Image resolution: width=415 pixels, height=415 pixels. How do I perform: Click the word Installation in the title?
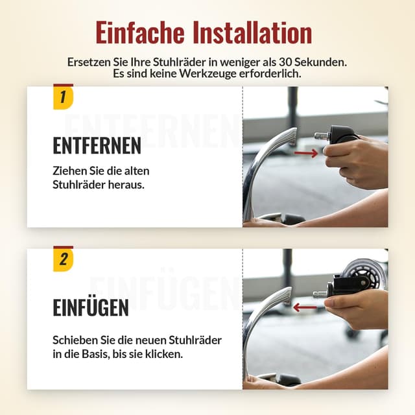[252, 32]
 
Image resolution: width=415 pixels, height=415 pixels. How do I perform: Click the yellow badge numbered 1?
[63, 98]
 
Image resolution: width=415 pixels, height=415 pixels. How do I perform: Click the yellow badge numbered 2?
[63, 260]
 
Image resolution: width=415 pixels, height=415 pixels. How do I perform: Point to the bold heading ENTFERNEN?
[97, 146]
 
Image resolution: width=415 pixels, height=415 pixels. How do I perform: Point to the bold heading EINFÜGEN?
[91, 308]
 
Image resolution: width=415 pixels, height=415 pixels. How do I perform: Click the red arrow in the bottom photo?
[305, 307]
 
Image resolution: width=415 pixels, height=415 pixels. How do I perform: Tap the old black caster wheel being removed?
[342, 134]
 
